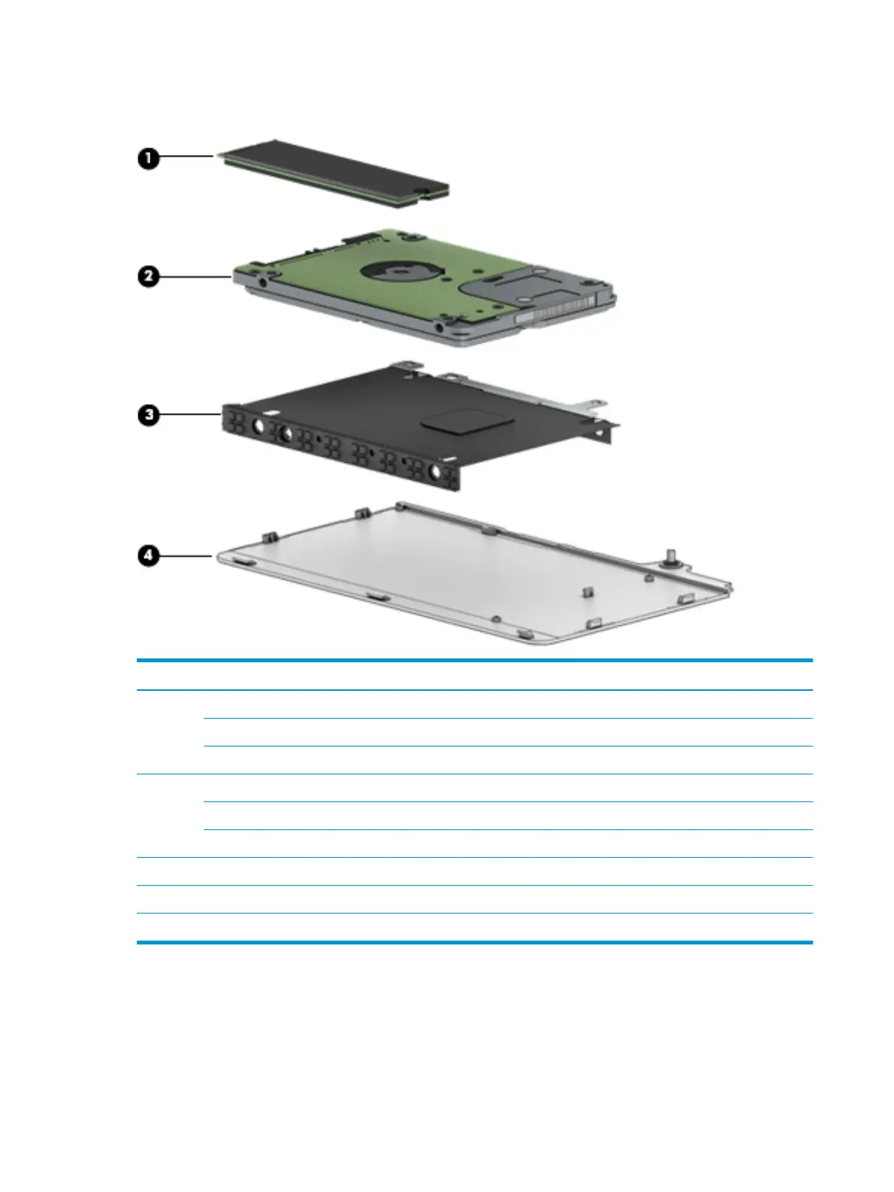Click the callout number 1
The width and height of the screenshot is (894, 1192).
(148, 159)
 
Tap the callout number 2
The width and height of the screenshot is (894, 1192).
(148, 276)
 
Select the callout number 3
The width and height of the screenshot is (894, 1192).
(148, 415)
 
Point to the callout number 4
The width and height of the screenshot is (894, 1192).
(148, 556)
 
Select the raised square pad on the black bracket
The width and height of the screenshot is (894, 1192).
(457, 419)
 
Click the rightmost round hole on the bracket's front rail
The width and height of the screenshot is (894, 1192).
(435, 471)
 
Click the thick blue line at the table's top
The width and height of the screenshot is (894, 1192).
(474, 661)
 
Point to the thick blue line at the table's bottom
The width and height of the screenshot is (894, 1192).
(474, 941)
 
